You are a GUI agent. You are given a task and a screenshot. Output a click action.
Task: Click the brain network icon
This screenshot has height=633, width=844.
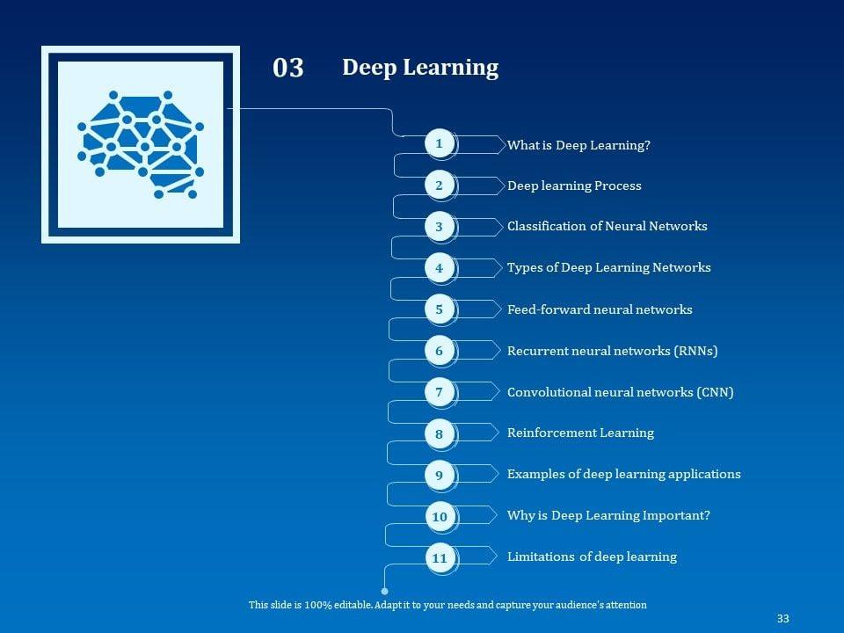point(141,144)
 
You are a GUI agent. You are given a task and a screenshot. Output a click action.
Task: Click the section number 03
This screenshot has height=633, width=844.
point(288,68)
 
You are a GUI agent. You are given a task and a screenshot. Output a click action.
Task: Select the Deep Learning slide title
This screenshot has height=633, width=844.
point(420,68)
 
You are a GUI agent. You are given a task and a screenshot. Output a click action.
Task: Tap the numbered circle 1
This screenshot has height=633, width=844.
point(440,143)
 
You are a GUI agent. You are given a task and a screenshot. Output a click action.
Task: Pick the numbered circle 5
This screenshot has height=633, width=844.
point(440,309)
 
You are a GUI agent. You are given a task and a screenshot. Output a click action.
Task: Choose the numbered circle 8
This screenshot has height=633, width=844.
point(440,433)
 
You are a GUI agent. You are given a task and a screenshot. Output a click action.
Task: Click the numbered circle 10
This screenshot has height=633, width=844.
point(440,517)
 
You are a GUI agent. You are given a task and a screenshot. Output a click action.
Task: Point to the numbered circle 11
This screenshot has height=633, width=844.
point(440,558)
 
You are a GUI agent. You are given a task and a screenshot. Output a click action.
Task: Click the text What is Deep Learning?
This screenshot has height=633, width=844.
point(578,145)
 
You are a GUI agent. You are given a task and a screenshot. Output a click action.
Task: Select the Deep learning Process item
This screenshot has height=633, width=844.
point(574,186)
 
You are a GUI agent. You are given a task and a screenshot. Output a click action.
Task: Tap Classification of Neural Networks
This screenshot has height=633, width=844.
point(607,226)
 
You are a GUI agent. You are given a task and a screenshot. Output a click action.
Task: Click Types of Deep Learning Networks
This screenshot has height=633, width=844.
point(608,267)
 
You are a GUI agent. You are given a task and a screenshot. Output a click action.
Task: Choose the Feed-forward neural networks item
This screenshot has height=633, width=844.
point(600,309)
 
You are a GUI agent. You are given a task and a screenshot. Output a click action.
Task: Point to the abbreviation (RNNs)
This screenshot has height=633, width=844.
point(695,351)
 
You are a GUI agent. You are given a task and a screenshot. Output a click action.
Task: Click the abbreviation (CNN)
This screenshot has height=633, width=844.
point(715,392)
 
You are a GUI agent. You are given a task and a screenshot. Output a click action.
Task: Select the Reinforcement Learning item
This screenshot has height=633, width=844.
point(580,433)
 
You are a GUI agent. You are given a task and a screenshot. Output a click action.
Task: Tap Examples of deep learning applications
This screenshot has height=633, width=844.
point(623,474)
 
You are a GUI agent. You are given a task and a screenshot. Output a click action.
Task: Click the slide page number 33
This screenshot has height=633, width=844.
point(782,619)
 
